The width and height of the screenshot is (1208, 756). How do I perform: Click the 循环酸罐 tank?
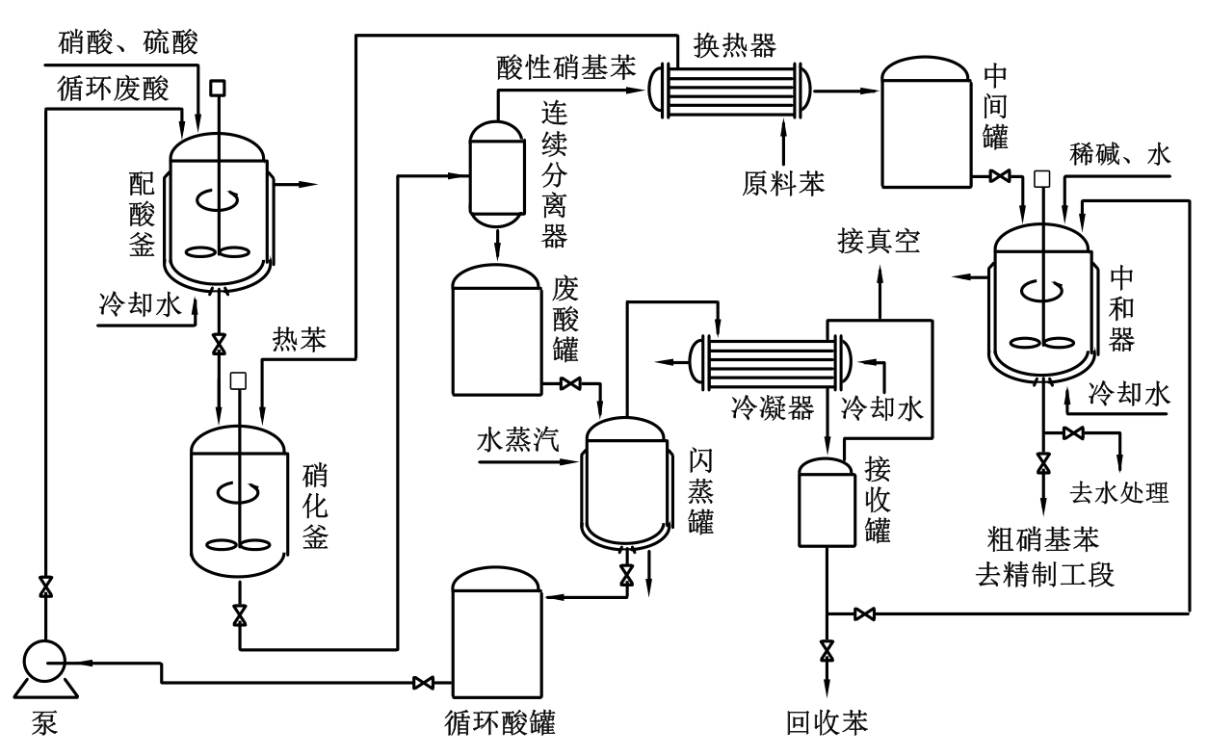tap(498, 631)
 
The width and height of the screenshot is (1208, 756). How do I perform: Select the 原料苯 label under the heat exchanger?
tap(784, 182)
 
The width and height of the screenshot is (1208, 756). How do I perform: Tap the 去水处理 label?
tap(1119, 493)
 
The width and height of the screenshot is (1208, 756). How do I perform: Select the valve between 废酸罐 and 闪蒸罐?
tap(570, 385)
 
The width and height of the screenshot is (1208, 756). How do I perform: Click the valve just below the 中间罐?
tap(1000, 176)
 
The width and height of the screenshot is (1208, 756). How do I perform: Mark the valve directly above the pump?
tap(44, 587)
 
